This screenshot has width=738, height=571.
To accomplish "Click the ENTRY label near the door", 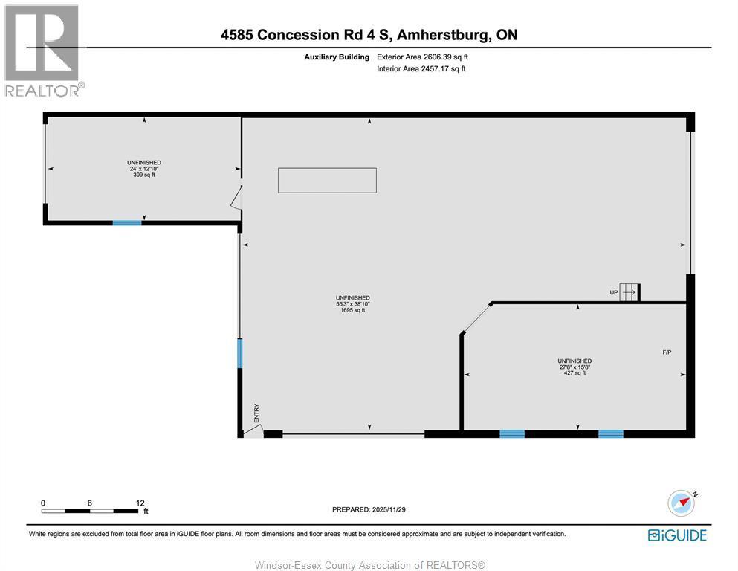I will click(x=256, y=413).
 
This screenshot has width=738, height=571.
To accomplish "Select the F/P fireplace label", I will click(x=667, y=352).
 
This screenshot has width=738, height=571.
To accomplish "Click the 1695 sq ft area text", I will click(x=352, y=310).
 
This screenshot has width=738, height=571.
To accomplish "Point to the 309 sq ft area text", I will click(x=144, y=175).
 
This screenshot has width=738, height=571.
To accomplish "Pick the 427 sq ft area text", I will click(x=574, y=373).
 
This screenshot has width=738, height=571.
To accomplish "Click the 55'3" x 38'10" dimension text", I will click(x=352, y=304).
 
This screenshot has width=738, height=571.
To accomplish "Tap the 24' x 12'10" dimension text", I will click(x=144, y=169).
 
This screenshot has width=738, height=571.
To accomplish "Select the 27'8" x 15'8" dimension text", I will click(x=574, y=367).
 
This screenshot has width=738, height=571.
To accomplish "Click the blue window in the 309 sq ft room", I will click(x=127, y=222).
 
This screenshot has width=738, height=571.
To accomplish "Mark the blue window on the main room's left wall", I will click(x=239, y=353).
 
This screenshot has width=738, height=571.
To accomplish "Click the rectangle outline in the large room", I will click(x=327, y=180).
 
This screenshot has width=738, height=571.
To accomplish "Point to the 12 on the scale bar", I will click(x=140, y=503).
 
